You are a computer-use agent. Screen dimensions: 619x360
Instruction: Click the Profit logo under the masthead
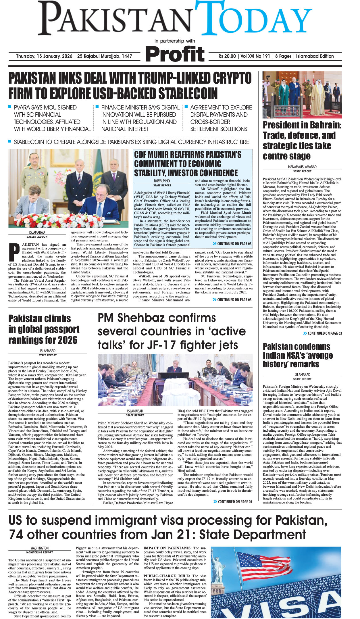(175, 54)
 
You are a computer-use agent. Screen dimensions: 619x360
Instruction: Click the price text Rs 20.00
(227, 56)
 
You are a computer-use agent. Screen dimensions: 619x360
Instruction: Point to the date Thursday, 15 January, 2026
(44, 56)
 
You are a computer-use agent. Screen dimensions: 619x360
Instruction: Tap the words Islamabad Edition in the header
(315, 56)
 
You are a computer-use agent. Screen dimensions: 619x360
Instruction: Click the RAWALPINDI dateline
(162, 181)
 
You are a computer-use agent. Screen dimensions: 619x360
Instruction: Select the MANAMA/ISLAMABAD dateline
(302, 167)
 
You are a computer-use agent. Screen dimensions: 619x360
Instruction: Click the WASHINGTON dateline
(40, 548)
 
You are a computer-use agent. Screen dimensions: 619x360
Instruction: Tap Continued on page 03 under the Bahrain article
(322, 333)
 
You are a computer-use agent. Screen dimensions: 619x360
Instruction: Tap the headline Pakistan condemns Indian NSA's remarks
(298, 355)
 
